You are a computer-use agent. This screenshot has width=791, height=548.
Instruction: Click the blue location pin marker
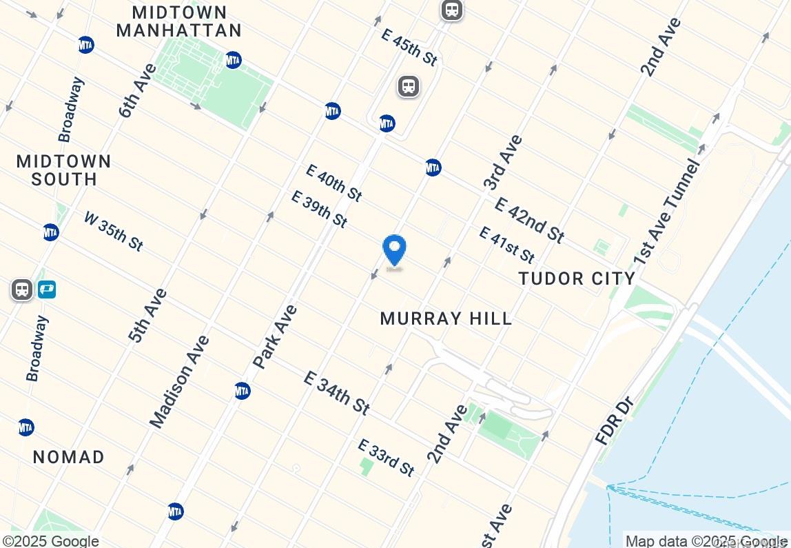click(x=394, y=251)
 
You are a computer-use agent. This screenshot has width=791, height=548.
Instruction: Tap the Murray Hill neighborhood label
click(x=446, y=318)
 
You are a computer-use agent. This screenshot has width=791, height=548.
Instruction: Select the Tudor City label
click(x=577, y=278)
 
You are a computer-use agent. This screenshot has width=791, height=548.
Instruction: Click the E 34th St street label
click(x=336, y=393)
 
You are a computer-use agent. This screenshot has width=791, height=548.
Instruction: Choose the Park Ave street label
click(x=276, y=336)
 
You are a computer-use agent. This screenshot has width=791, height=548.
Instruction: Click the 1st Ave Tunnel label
click(x=666, y=212)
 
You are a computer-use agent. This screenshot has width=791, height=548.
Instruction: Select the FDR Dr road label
click(x=615, y=420)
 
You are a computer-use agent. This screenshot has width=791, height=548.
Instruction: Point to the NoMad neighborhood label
click(x=69, y=457)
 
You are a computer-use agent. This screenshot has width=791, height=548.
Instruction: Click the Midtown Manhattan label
click(x=179, y=21)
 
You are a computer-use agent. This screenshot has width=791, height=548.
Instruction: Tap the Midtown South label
click(x=63, y=170)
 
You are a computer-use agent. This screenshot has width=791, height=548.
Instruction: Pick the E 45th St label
click(x=409, y=47)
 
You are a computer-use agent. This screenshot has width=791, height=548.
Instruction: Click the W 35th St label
click(x=114, y=230)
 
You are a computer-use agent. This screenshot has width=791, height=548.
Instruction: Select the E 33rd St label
click(x=387, y=457)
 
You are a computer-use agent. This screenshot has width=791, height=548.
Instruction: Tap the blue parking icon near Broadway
click(x=46, y=290)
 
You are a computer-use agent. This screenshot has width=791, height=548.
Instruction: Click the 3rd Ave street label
click(x=502, y=163)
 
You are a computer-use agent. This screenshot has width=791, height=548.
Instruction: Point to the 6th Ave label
click(x=138, y=90)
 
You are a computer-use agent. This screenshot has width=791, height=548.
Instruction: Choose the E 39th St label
click(x=319, y=209)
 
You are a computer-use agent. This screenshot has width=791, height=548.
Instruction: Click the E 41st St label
click(x=506, y=245)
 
